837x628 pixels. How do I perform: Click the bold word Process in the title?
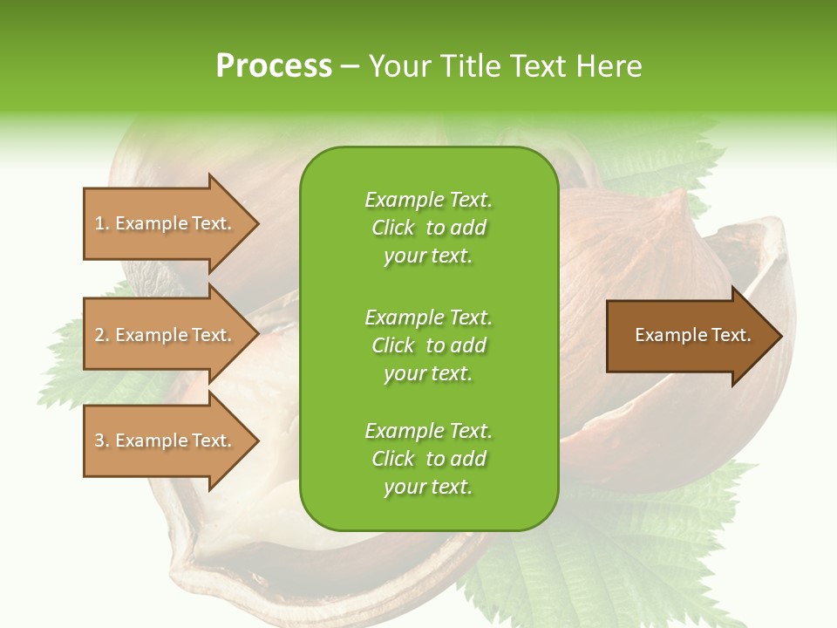(x=274, y=66)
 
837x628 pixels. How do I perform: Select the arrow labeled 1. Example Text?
(x=166, y=223)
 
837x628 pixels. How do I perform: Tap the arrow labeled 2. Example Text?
(x=166, y=335)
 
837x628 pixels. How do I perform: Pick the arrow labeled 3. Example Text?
(x=166, y=440)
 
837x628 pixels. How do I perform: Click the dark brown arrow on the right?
(x=689, y=336)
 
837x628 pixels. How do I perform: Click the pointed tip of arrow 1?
(x=257, y=223)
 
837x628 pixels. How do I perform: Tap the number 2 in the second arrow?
(x=99, y=335)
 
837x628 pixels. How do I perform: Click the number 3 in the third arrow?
(x=99, y=440)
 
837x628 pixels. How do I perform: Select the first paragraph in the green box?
(x=428, y=228)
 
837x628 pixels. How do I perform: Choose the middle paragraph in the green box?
(x=428, y=345)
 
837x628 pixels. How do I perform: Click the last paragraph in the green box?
(x=428, y=459)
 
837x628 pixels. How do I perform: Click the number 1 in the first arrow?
(x=99, y=223)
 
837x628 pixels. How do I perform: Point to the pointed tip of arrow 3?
(x=257, y=440)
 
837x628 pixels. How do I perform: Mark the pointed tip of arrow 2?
(x=257, y=335)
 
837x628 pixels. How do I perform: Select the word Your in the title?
(x=400, y=66)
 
